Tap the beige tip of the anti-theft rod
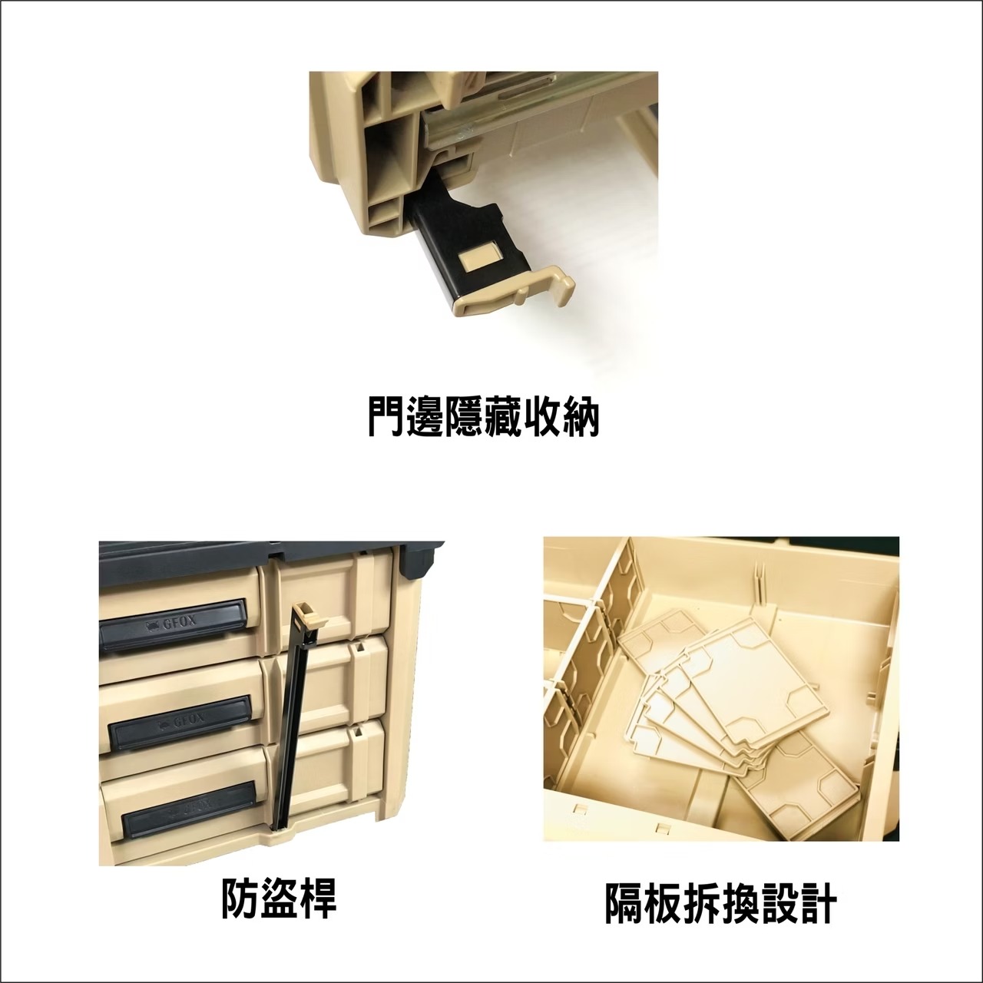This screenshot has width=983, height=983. point(307,614)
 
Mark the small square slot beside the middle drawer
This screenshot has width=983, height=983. point(358,650)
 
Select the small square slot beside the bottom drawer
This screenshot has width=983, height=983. point(358,735)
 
